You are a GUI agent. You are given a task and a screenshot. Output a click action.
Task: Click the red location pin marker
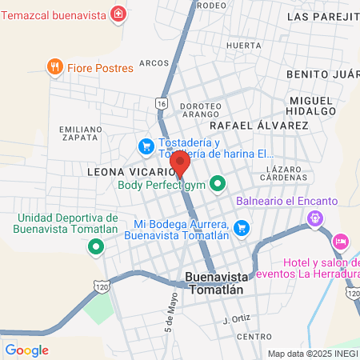click(x=180, y=162)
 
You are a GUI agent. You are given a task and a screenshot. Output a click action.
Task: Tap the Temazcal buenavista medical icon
click(x=118, y=14)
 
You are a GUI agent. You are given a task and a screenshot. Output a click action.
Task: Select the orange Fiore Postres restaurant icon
click(x=55, y=67)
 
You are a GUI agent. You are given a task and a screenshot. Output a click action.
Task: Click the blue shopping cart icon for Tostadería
click(x=146, y=146)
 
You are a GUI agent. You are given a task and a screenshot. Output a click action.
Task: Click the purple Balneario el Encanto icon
click(x=316, y=217)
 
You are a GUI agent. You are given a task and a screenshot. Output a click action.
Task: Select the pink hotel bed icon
click(x=341, y=241)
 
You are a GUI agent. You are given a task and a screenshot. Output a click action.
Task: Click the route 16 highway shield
click(x=162, y=104)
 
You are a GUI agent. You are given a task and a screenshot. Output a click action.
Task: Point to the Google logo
click(x=26, y=350)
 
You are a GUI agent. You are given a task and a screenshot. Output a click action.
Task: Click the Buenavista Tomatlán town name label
click(x=214, y=283)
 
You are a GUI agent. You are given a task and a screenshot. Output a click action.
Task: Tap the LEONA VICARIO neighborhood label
click(x=128, y=171)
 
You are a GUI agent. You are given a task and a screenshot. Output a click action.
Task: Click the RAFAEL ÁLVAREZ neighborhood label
click(x=258, y=126)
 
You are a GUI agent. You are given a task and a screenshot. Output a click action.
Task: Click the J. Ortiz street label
click(x=237, y=319)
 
